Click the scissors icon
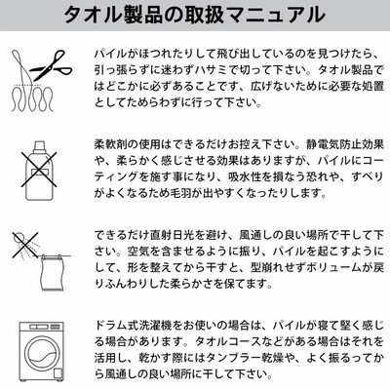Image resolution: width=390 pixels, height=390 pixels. (x=51, y=65)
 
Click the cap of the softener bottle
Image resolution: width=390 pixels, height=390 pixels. (x=39, y=147)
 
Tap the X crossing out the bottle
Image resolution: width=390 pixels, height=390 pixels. (x=39, y=170)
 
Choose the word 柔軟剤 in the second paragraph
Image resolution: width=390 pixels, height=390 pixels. (x=110, y=143)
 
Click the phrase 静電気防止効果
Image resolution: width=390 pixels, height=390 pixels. (x=345, y=143)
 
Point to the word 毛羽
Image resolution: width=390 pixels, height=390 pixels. (x=181, y=193)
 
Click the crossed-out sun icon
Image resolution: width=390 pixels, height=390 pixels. (x=24, y=244)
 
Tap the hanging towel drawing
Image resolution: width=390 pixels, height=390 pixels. (x=52, y=272)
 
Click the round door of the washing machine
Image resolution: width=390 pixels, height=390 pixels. (x=41, y=352)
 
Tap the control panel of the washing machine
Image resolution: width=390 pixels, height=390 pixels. (x=41, y=327)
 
